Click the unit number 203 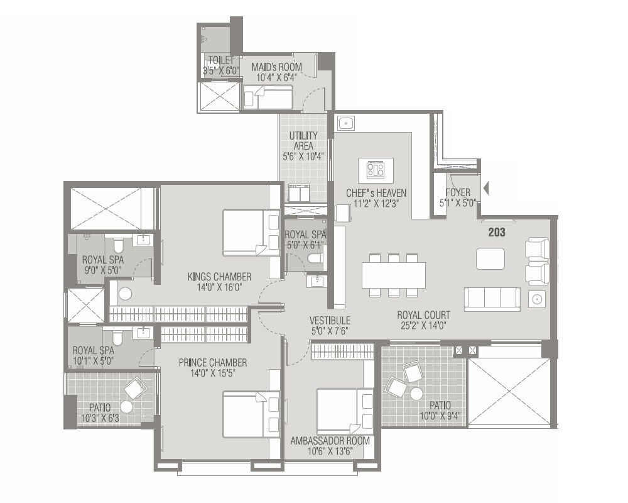(497, 233)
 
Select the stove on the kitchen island (376, 170)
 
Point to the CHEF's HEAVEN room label (376, 193)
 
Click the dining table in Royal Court (394, 275)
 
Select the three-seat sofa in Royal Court (492, 299)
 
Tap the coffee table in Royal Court (490, 258)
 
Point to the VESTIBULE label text (330, 320)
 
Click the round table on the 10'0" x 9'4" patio (416, 394)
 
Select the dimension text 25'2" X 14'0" (423, 326)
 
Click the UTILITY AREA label (303, 141)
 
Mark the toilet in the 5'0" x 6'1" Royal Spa (314, 258)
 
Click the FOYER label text (458, 192)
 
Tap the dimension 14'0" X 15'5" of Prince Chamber (212, 373)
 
